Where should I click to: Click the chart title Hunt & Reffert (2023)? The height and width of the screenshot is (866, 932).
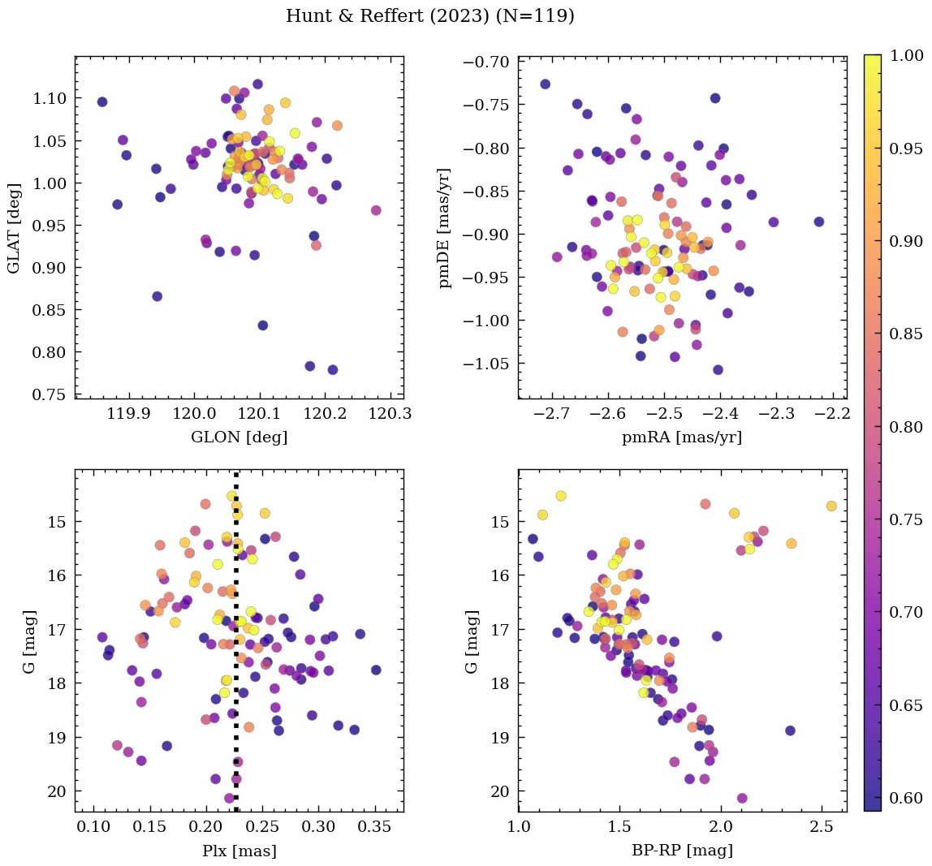(x=430, y=16)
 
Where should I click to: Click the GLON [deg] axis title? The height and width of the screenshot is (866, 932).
(x=239, y=437)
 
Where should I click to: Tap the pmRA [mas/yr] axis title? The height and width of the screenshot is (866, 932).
(x=682, y=437)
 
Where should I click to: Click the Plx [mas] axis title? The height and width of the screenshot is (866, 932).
(x=239, y=851)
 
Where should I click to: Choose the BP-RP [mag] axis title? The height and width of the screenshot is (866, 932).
(x=682, y=851)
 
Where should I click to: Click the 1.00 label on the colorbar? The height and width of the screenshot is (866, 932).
(x=906, y=55)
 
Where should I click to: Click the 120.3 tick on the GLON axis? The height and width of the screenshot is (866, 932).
(x=391, y=414)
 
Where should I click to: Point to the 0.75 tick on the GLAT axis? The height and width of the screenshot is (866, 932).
(x=50, y=394)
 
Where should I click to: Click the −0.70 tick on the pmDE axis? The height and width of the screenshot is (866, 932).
(x=485, y=62)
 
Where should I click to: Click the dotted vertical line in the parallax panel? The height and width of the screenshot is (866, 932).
(x=236, y=649)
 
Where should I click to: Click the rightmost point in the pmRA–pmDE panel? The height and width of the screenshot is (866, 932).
(x=818, y=222)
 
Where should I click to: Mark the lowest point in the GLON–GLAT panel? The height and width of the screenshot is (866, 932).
(x=332, y=370)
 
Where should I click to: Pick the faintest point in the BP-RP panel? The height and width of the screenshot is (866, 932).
(x=742, y=799)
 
